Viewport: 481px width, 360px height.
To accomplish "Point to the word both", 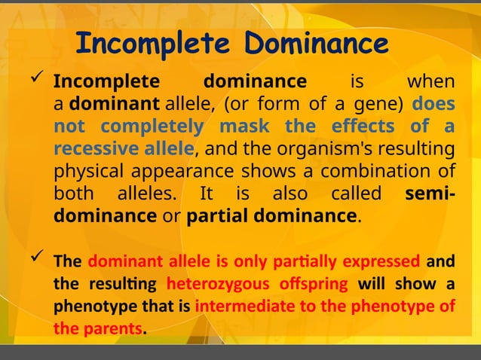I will point(73,194).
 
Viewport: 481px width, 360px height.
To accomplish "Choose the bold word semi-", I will point(429,194).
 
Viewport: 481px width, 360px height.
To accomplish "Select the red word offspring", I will point(311,285).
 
